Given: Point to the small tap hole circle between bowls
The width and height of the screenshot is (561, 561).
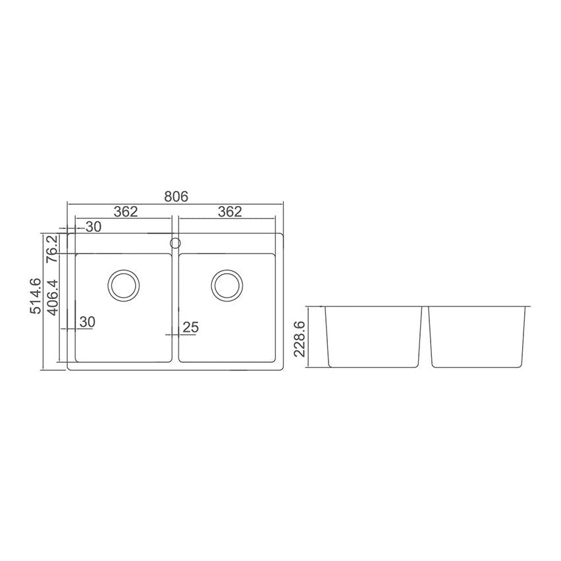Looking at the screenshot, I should pos(175,243).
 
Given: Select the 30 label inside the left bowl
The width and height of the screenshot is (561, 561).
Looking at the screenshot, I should pos(88,322).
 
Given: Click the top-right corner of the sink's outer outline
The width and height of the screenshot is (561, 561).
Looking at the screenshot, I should pos(283,233).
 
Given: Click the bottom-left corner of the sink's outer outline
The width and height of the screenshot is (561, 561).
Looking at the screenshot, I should pos(68,369).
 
